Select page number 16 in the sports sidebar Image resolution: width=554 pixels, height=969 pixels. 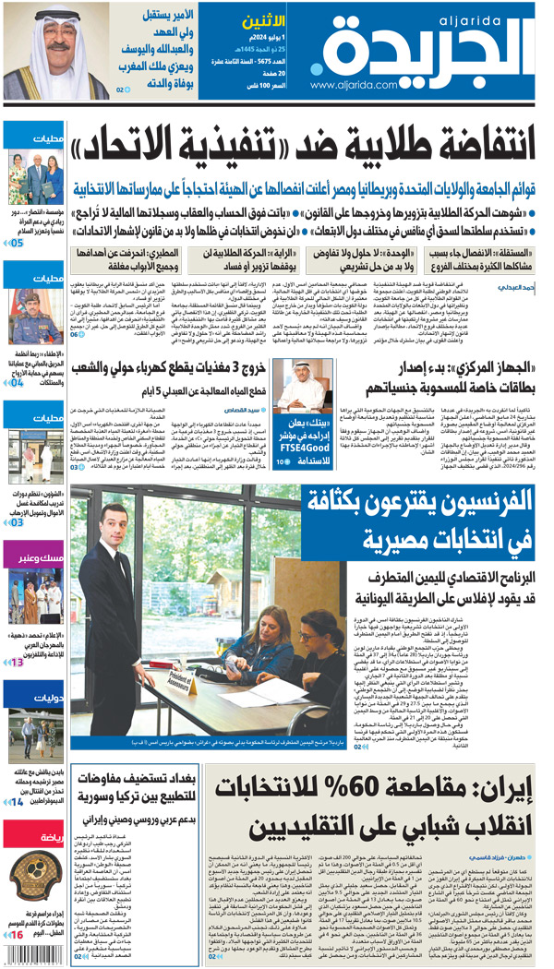click(16, 935)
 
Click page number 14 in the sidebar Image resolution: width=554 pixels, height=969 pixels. click(16, 802)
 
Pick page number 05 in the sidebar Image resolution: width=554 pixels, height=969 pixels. click(16, 243)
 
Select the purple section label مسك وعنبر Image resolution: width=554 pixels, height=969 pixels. click(34, 557)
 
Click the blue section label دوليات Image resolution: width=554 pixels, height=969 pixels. click(35, 699)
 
